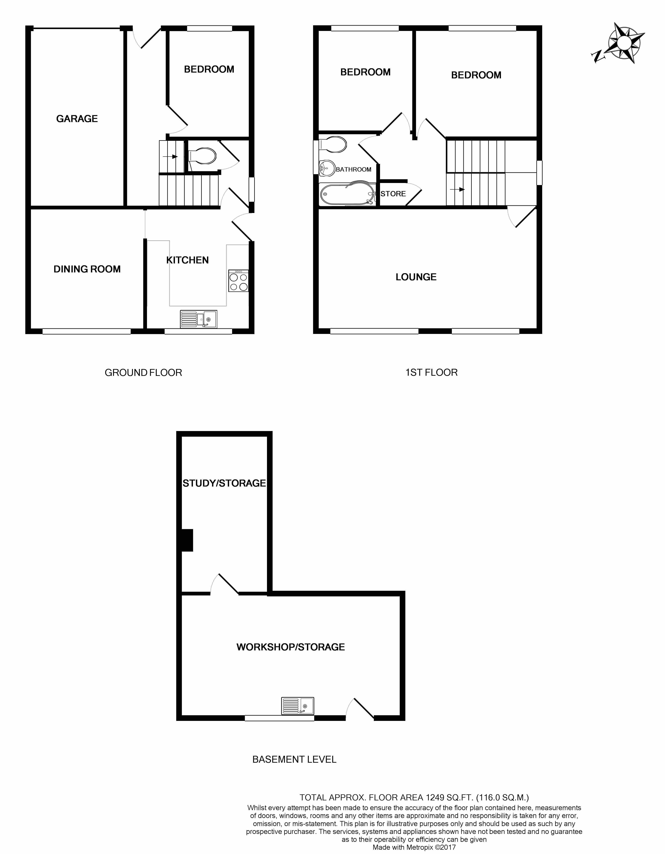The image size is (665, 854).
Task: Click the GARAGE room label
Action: click(77, 119)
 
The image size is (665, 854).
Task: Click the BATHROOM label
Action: click(353, 169)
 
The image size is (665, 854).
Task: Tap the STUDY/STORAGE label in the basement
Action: click(224, 483)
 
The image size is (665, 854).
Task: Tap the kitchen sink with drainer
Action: click(198, 319)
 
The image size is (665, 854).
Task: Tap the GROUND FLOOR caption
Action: click(143, 373)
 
